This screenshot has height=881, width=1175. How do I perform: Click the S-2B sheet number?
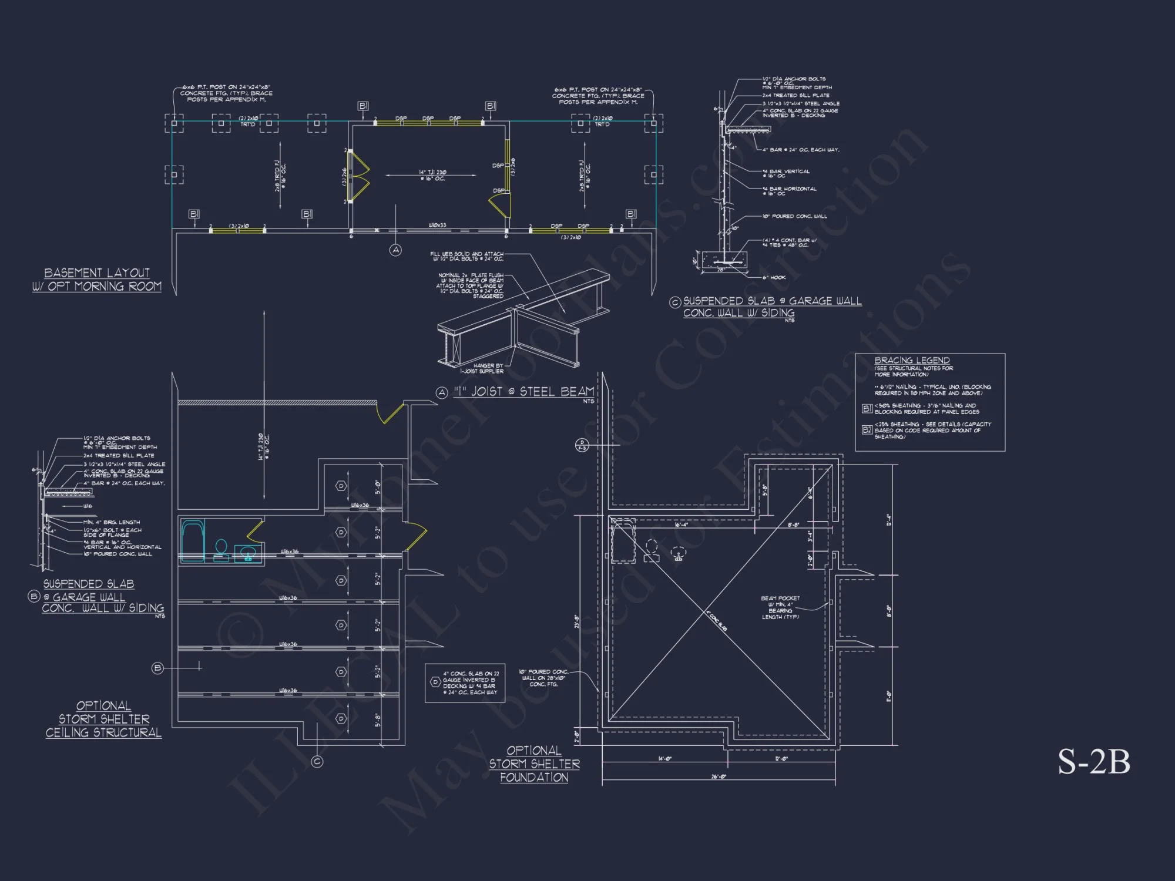tap(1094, 761)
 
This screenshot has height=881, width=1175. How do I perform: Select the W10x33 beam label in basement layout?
tap(437, 225)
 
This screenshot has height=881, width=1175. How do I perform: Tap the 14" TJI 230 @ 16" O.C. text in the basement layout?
tap(432, 175)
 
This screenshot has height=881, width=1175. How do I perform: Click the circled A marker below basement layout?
tap(395, 250)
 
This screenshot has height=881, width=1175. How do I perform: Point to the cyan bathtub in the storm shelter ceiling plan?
tap(192, 540)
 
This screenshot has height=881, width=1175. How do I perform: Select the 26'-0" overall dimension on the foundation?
tap(719, 776)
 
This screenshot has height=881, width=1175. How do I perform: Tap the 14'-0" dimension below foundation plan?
tap(664, 759)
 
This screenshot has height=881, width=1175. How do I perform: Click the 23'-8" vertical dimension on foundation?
tap(577, 621)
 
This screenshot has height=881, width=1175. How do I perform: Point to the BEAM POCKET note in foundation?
tap(780, 607)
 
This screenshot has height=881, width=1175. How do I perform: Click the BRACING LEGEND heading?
tap(912, 360)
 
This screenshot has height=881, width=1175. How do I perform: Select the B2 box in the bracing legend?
tap(867, 430)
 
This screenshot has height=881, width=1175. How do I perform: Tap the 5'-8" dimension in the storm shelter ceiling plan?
tap(378, 720)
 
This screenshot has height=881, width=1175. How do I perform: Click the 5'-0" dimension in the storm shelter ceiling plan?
tap(378, 487)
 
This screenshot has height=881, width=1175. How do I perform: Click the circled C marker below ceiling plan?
tap(317, 762)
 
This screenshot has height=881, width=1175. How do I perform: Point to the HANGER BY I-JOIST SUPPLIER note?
tap(482, 368)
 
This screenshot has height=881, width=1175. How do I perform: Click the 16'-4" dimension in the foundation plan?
tap(681, 524)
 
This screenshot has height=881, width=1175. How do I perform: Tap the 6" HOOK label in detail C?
tap(774, 277)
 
